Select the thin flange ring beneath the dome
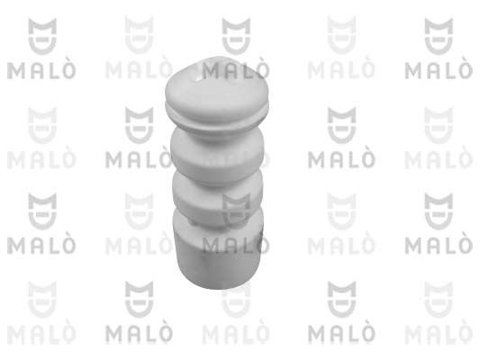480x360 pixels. pyautogui.click(x=217, y=114)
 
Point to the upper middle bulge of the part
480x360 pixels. pyautogui.click(x=217, y=155)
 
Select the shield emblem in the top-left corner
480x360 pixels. pyautogui.click(x=42, y=36)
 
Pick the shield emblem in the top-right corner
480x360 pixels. pyautogui.click(x=439, y=36)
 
